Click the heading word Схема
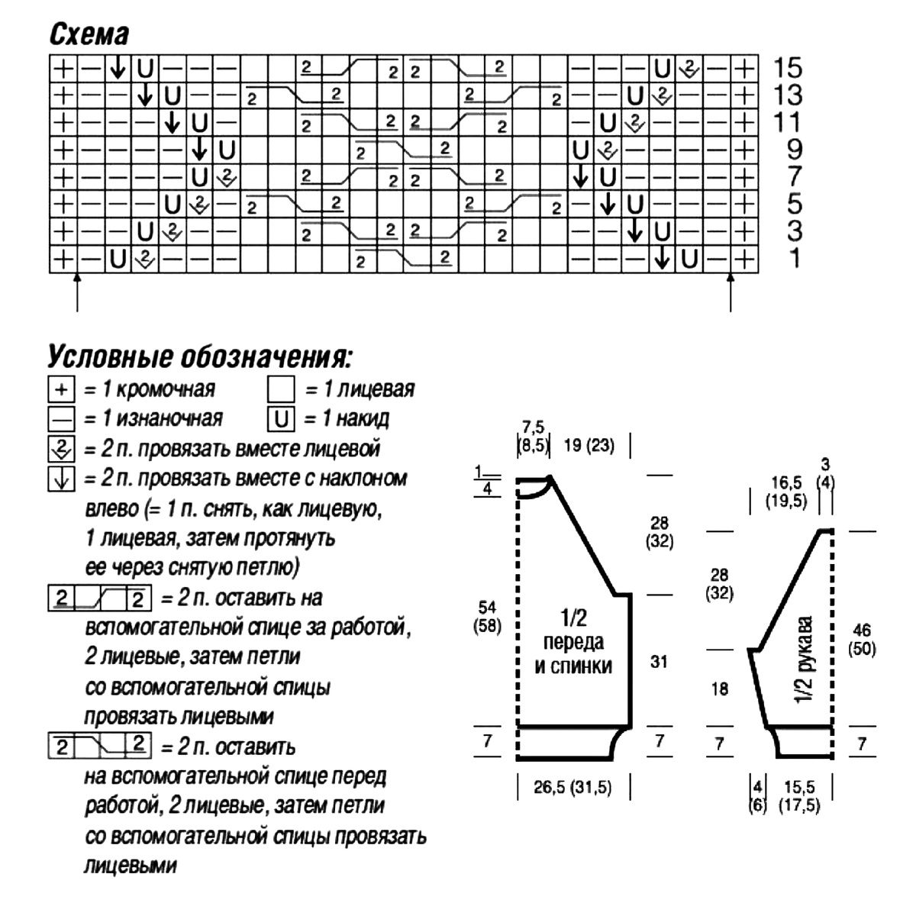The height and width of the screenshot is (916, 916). [89, 34]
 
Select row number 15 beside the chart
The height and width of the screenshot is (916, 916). [787, 69]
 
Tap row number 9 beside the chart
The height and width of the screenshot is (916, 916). [794, 150]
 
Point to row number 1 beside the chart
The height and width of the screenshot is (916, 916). [795, 259]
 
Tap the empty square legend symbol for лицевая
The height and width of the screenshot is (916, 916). [281, 390]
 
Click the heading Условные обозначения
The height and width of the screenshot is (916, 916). [200, 357]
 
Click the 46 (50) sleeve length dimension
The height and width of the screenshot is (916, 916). [863, 640]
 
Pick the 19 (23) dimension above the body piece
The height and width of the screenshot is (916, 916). [589, 445]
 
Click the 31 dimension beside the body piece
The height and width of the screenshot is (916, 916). [659, 662]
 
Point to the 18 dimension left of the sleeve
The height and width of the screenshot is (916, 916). [719, 689]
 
